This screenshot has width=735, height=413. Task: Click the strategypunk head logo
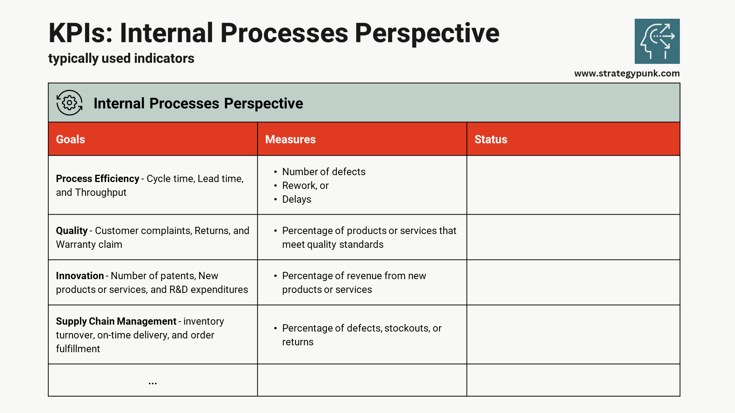[657, 41]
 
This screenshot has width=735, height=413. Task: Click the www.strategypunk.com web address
[627, 73]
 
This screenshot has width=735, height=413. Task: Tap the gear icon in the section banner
[69, 103]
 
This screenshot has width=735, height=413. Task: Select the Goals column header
[70, 139]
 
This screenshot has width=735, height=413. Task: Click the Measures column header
[290, 139]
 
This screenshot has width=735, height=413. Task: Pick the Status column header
[490, 139]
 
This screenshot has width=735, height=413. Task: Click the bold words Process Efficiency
[97, 179]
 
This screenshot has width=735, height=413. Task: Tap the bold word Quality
[72, 231]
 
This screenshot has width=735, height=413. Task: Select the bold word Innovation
[80, 276]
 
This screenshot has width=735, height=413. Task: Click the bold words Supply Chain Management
[116, 321]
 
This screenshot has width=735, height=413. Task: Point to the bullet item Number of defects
[323, 172]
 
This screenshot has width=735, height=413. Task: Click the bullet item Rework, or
[305, 185]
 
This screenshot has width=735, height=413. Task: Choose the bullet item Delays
[296, 199]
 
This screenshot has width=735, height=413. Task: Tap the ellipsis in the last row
[153, 382]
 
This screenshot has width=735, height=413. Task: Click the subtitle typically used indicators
[121, 59]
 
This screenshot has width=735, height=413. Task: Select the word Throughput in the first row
[101, 192]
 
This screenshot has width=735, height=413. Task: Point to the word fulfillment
[78, 349]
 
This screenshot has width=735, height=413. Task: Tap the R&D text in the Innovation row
[178, 289]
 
